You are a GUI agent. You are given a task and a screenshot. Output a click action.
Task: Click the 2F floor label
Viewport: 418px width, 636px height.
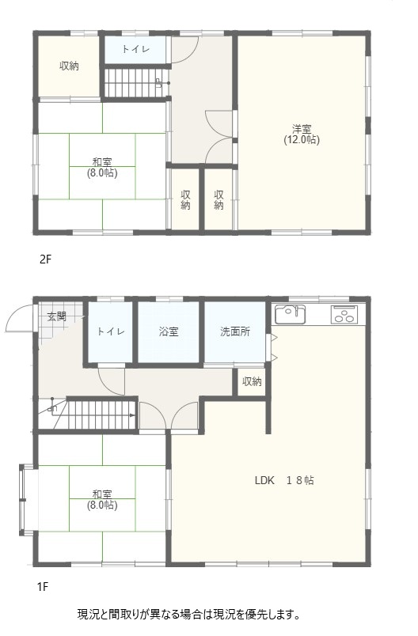(x=46, y=259)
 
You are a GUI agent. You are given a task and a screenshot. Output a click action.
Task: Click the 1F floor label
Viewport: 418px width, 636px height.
(x=43, y=586)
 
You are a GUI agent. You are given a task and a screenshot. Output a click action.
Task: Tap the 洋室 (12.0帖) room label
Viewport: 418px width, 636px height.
(x=302, y=134)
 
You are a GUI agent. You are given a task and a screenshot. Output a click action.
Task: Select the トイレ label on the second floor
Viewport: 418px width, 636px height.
(x=136, y=50)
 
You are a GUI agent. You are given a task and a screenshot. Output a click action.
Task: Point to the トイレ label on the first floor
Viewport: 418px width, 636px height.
(x=111, y=331)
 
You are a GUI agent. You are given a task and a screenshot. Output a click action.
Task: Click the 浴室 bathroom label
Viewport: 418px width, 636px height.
(x=169, y=331)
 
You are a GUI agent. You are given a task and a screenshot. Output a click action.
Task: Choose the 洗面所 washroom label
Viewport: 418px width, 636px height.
(x=235, y=331)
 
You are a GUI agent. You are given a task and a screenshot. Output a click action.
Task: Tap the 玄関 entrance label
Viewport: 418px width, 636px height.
(x=57, y=316)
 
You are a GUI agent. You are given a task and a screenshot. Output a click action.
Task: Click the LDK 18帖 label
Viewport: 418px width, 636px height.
(x=284, y=481)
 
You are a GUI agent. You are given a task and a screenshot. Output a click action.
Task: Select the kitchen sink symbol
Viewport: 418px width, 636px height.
(x=291, y=314)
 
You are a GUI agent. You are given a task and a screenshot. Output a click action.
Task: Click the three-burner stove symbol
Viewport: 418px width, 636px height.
(x=344, y=314)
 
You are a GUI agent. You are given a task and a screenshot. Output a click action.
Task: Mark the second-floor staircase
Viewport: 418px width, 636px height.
(x=136, y=83)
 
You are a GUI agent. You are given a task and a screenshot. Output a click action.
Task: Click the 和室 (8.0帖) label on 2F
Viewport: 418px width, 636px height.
(x=102, y=168)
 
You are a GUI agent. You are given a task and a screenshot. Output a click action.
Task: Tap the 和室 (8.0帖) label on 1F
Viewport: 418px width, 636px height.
(x=102, y=500)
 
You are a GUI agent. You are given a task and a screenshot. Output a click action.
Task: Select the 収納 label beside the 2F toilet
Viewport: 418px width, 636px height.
(x=70, y=66)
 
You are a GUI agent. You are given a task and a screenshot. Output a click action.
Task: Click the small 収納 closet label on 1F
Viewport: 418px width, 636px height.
(x=252, y=381)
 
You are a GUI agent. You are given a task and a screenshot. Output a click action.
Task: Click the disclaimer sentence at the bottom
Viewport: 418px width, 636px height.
(x=188, y=614)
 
